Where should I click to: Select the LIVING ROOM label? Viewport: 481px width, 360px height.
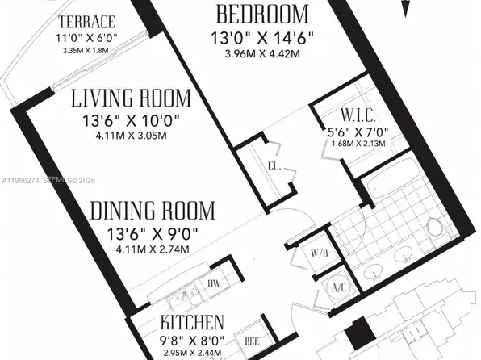pos(131,98)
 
